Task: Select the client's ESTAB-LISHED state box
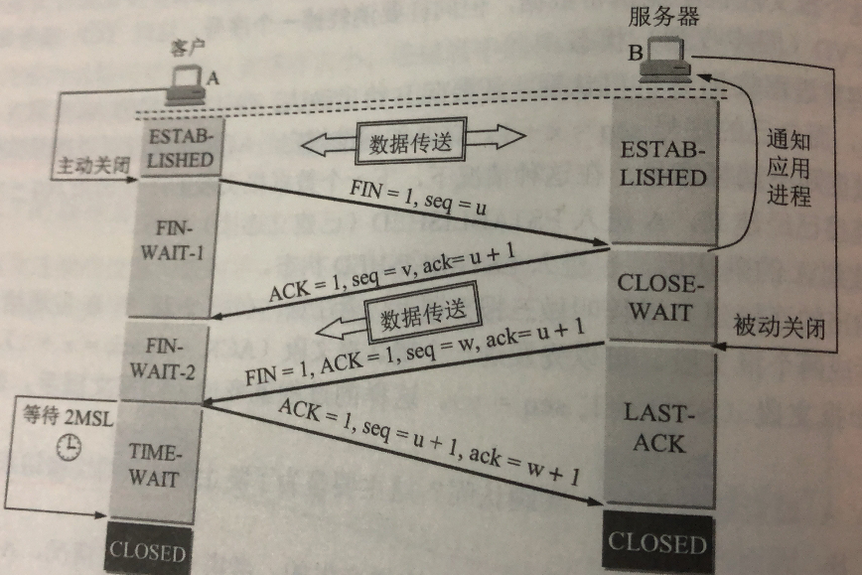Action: point(179,146)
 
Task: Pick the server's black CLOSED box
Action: point(656,542)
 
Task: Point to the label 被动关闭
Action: point(779,326)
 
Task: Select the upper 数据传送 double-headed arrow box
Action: point(410,145)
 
